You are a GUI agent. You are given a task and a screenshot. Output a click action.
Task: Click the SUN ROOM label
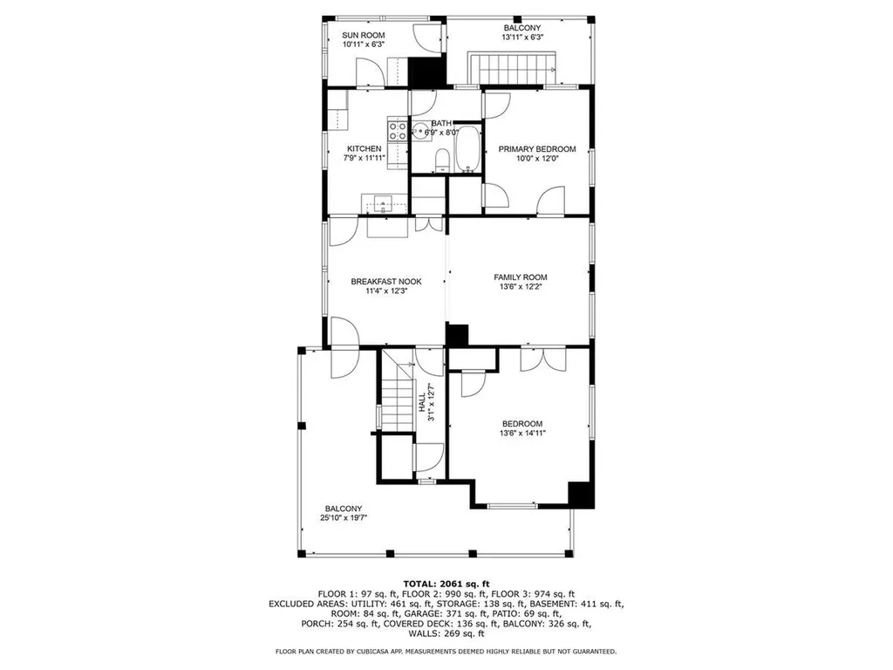coord(364,36)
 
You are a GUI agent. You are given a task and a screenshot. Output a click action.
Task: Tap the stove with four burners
coord(397,132)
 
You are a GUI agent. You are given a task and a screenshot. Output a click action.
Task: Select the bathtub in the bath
coord(468,149)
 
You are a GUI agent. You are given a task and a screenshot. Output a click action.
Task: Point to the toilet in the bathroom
coord(441,159)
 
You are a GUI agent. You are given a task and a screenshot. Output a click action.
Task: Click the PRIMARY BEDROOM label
coord(537,149)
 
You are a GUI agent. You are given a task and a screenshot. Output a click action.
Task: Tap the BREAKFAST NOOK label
coord(386,282)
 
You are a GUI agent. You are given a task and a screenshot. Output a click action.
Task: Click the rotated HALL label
coord(422,402)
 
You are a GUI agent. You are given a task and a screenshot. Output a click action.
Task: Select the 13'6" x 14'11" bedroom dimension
coord(522,433)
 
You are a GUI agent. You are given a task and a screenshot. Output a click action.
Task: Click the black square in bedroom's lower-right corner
coord(581,494)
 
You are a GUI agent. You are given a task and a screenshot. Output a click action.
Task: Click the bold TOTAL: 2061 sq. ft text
coord(446,584)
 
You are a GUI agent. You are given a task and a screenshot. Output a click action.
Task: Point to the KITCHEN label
coord(364,149)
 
